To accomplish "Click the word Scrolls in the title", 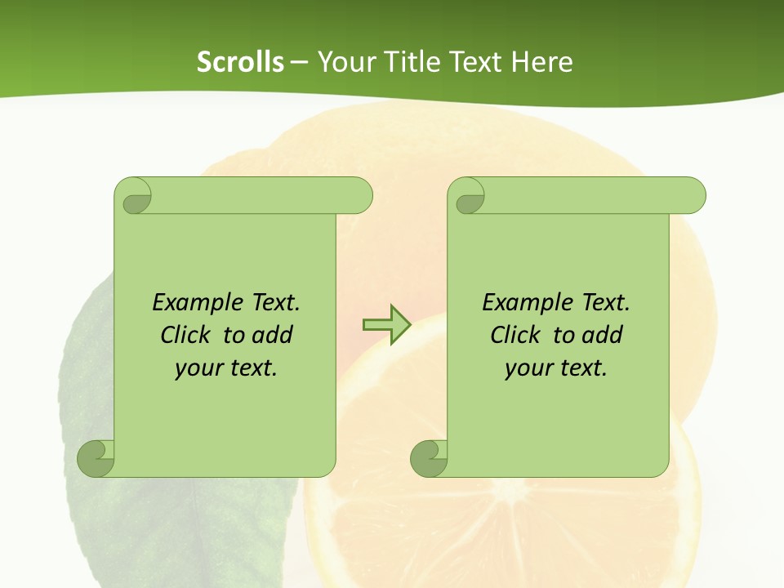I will coord(241,62).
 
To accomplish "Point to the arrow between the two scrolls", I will coord(386,324).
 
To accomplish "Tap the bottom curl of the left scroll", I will coord(96,458).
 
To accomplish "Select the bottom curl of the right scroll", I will coord(429,458).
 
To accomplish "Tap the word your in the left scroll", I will coord(199,368).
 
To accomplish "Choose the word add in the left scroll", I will coord(274,335).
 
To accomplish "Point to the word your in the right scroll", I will coord(529,368).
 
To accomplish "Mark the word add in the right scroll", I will coord(604,335).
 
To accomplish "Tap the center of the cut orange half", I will coord(500,490).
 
